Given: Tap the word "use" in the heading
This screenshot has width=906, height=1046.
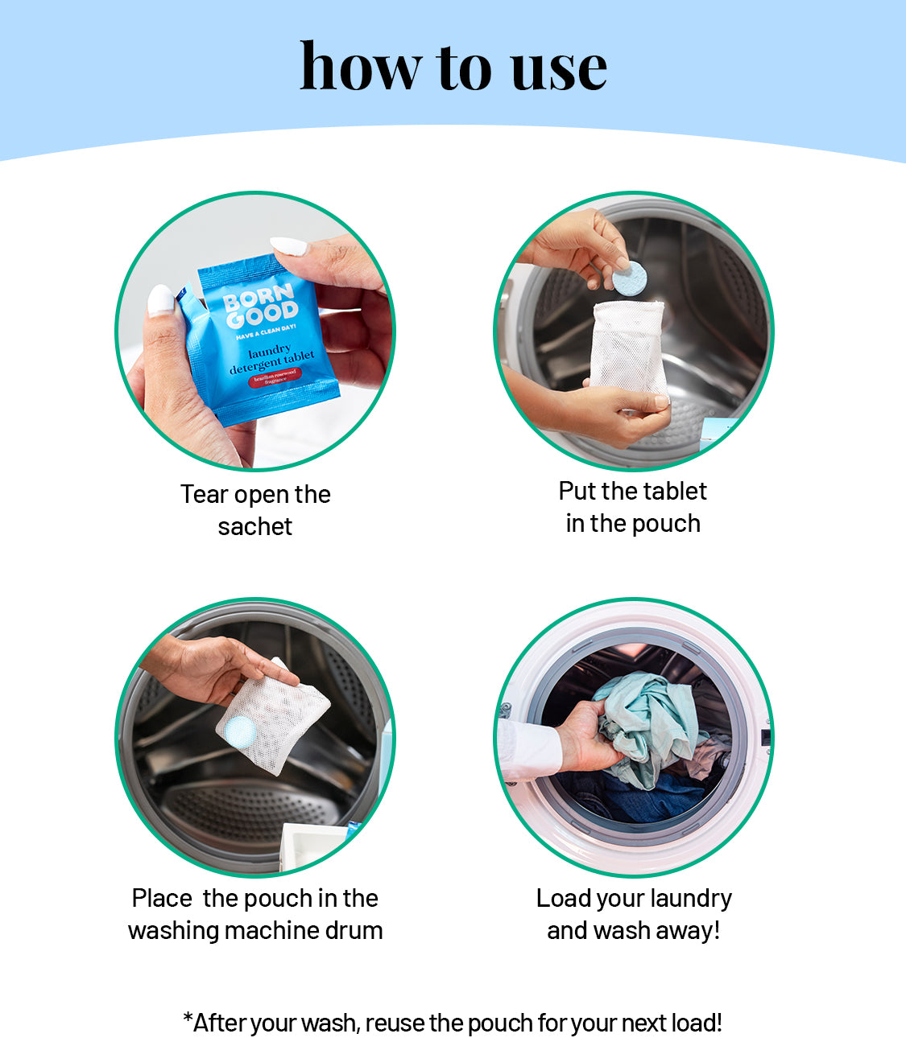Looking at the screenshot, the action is (x=559, y=71).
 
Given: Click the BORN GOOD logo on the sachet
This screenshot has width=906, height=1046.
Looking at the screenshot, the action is (x=260, y=305).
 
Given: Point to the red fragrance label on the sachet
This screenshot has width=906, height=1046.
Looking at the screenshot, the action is (x=275, y=377).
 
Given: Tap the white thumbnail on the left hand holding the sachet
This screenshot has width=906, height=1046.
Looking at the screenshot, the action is (x=161, y=300).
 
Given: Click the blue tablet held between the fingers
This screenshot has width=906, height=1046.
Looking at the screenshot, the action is (x=630, y=278).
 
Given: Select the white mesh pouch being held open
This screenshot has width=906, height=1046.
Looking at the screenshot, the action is (x=629, y=350).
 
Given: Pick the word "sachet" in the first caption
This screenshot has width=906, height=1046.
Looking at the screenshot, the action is (x=254, y=527).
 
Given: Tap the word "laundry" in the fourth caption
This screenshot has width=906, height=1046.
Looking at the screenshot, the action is (x=691, y=900).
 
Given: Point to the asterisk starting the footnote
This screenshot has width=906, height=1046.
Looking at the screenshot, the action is (x=188, y=1018).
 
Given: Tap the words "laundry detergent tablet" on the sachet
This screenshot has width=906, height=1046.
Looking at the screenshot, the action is (x=272, y=357).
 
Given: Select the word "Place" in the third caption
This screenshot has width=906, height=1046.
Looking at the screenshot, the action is (x=162, y=899).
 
